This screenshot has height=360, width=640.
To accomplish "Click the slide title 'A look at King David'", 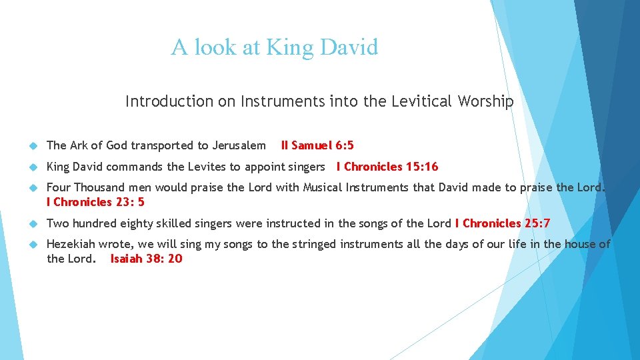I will coord(274,47).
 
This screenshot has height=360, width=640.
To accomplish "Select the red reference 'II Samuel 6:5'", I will coord(317,145).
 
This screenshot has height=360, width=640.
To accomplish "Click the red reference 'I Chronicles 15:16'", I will coord(387,167).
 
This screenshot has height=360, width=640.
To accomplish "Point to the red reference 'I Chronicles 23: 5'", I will coord(95,201).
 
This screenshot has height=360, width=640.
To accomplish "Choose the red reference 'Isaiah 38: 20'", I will coord(146,258).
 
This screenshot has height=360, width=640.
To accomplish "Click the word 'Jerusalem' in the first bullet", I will coord(239,145).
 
